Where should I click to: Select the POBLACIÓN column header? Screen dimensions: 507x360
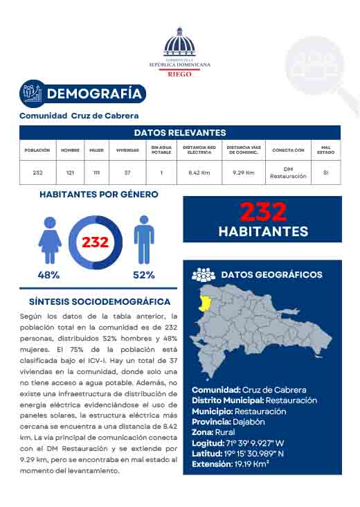pyautogui.click(x=37, y=150)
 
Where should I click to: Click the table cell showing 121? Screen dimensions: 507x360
pyautogui.click(x=70, y=172)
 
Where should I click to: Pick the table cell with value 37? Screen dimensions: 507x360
pyautogui.click(x=127, y=172)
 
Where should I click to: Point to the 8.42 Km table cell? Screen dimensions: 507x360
pyautogui.click(x=199, y=172)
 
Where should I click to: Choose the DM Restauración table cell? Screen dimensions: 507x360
pyautogui.click(x=288, y=172)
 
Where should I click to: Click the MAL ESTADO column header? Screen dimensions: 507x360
pyautogui.click(x=325, y=150)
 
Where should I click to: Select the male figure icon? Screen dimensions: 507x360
pyautogui.click(x=143, y=240)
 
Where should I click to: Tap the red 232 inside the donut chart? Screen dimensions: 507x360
pyautogui.click(x=96, y=242)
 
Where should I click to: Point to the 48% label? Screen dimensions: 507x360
pyautogui.click(x=48, y=275)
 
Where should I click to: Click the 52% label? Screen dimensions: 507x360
pyautogui.click(x=143, y=275)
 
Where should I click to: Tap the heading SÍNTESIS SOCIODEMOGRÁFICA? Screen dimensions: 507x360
pyautogui.click(x=100, y=302)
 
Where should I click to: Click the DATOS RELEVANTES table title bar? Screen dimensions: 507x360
pyautogui.click(x=180, y=132)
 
